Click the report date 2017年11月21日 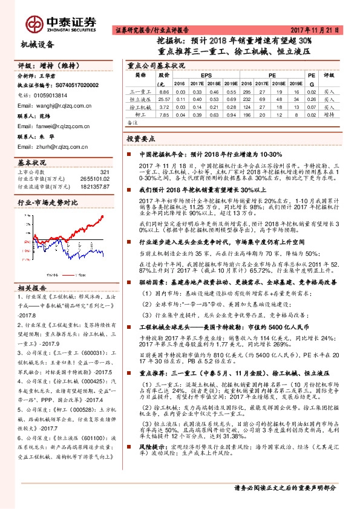[318, 30]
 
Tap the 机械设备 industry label [37, 44]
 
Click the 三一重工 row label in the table [140, 91]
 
